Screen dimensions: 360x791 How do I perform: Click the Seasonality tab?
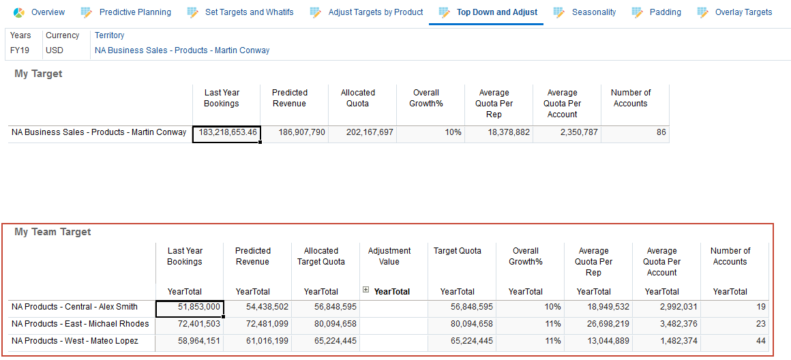pos(593,12)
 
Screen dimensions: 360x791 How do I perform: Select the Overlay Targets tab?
pos(743,12)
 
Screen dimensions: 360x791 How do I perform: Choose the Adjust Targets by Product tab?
pos(375,12)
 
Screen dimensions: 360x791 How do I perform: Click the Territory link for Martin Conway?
pos(182,50)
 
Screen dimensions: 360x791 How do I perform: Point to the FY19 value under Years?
pos(20,50)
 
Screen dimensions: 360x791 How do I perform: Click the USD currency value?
pos(55,50)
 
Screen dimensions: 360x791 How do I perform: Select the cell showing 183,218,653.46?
pos(227,132)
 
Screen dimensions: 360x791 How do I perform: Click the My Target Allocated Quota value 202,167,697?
pos(370,132)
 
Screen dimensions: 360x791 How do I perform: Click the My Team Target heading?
pos(53,232)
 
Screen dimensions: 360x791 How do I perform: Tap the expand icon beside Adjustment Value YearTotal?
pos(366,290)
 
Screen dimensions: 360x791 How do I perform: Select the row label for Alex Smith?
pos(75,307)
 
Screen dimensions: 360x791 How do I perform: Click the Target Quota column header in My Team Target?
pos(458,251)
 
